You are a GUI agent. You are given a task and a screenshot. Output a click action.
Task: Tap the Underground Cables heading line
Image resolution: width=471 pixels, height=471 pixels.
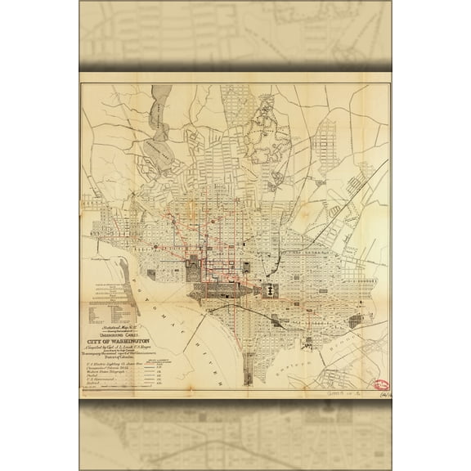click(136, 334)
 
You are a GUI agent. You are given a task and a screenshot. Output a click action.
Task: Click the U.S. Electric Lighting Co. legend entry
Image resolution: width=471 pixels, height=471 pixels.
click(123, 364)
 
